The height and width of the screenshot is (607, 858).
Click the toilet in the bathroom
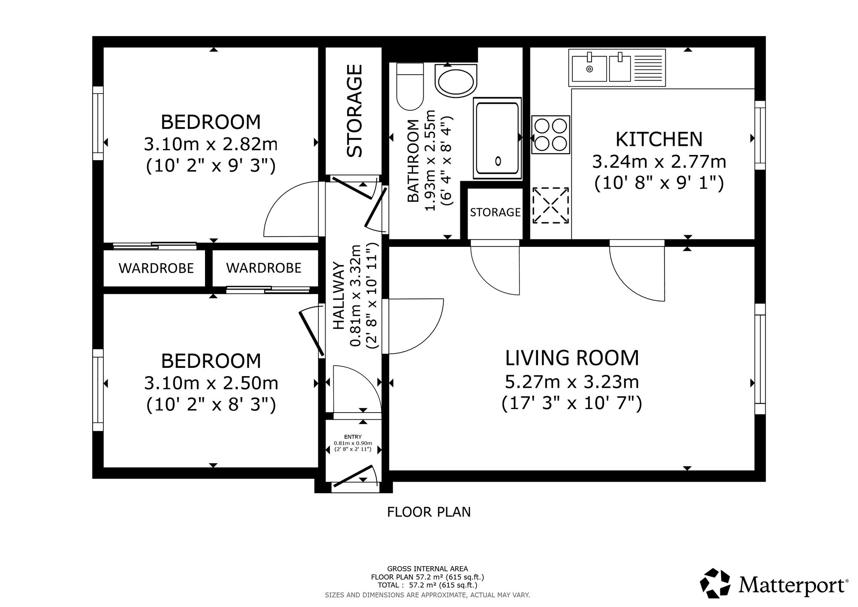point(410,87)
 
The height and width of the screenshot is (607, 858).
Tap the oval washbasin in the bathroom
point(455,81)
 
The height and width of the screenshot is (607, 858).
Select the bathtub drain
point(498,161)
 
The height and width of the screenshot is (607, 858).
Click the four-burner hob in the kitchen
point(551,135)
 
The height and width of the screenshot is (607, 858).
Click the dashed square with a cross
point(551,205)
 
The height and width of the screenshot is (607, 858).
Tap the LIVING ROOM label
point(572,358)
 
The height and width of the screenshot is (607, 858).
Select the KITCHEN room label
point(659,139)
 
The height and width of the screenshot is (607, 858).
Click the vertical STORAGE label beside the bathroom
point(355,110)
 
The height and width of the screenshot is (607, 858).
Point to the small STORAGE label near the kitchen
point(495,212)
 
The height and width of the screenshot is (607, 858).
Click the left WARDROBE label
point(156,268)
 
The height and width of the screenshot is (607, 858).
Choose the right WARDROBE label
point(263,268)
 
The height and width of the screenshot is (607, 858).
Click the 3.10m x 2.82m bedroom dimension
point(211,144)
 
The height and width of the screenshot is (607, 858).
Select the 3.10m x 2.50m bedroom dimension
point(211,383)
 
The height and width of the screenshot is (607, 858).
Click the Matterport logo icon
point(716,583)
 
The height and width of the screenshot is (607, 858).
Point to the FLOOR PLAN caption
point(429,512)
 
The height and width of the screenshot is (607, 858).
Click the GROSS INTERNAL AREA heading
point(428,569)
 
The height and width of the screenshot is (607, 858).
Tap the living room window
point(760,359)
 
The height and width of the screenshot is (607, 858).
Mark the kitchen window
point(760,135)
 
